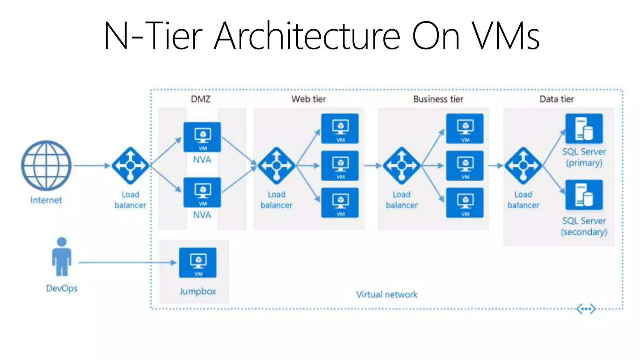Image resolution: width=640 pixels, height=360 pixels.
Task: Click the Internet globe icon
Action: [46, 165]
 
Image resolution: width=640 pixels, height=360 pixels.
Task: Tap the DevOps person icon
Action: [62, 257]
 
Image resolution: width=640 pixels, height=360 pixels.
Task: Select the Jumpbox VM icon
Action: [197, 262]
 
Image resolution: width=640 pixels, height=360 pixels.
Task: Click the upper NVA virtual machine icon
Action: [202, 137]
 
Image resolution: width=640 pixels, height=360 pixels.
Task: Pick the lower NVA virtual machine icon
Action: [202, 192]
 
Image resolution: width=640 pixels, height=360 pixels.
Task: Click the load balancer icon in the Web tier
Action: [276, 166]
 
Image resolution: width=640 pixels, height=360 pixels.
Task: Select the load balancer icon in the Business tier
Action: [402, 166]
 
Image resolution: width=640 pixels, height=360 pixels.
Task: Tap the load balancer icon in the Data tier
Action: [523, 166]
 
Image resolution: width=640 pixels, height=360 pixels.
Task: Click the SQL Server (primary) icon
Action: [584, 128]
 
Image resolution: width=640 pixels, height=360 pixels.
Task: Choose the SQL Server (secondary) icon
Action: [584, 195]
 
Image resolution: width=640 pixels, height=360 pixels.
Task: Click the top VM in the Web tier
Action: [340, 128]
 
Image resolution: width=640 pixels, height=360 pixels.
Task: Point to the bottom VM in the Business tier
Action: [465, 202]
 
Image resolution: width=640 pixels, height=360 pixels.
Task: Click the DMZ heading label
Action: [201, 99]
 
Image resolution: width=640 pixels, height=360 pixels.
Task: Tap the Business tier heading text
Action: [438, 99]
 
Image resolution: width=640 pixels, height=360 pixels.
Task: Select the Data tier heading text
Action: [557, 99]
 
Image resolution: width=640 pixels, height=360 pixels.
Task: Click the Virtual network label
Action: [387, 294]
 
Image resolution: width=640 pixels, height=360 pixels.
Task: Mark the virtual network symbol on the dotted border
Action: [586, 309]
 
